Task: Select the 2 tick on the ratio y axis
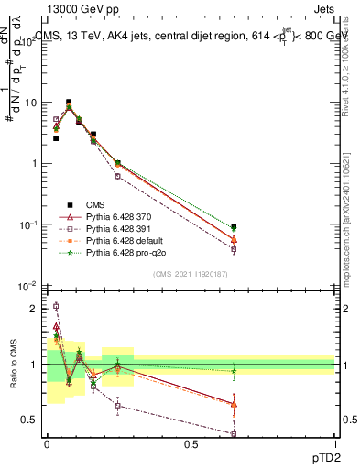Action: (34, 309)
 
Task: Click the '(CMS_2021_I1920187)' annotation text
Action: (189, 274)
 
